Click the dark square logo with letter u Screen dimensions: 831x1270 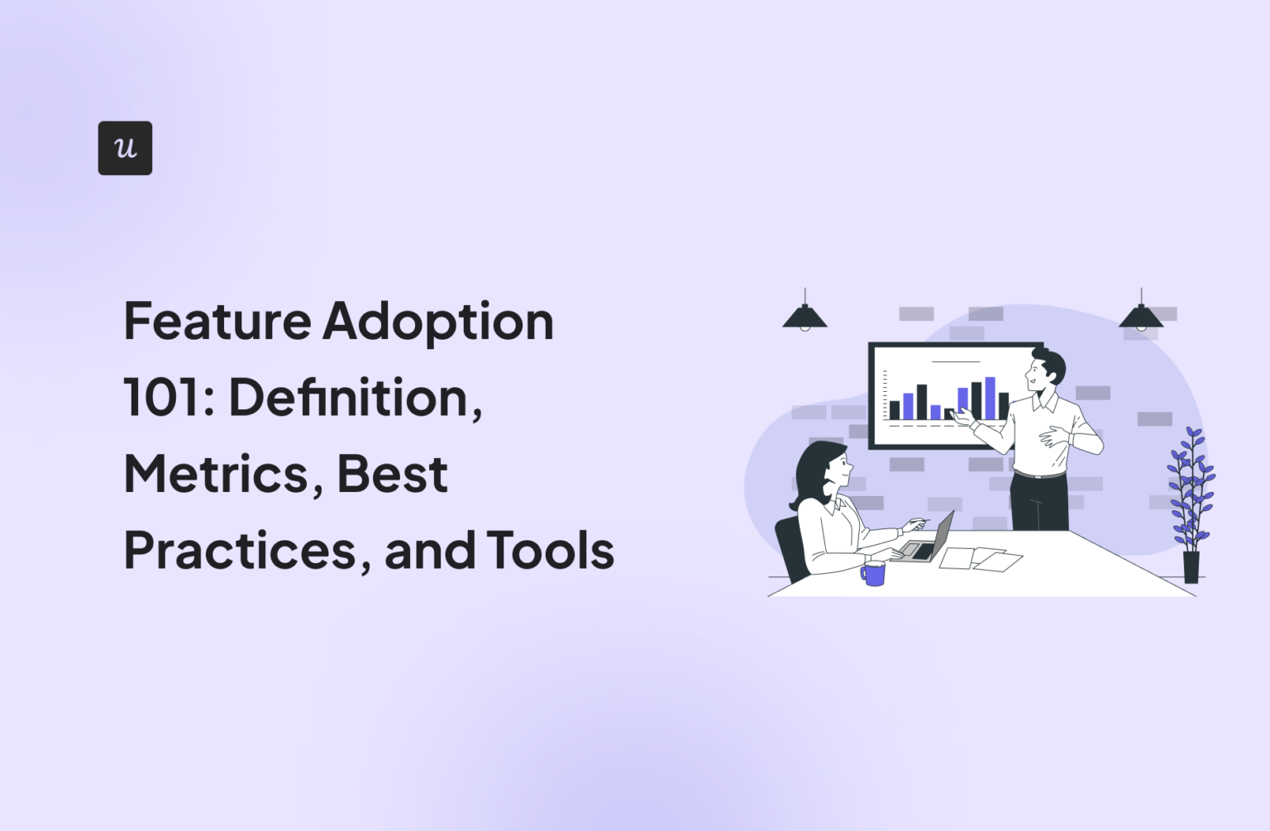tap(125, 148)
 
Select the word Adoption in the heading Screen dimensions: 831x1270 tap(438, 322)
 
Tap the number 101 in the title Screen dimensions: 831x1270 tap(164, 398)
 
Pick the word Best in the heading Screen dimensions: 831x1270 tap(393, 475)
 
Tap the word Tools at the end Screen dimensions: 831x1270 tap(551, 551)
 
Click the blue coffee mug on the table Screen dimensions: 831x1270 tap(873, 573)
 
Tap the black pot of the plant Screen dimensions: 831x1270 tap(1191, 567)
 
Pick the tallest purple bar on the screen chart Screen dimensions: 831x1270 tap(990, 399)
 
